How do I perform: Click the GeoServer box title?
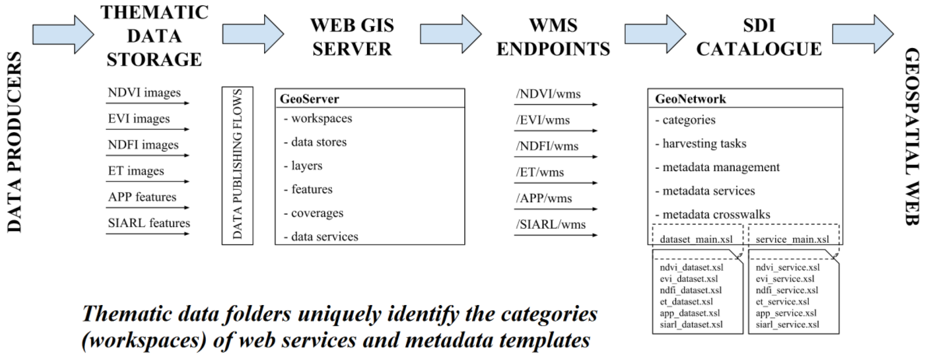click(x=309, y=99)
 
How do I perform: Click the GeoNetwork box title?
click(x=690, y=99)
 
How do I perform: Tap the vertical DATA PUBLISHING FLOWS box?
click(x=237, y=165)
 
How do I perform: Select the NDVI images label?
click(x=144, y=93)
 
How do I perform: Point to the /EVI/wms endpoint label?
click(x=543, y=120)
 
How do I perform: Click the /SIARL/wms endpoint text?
click(x=550, y=224)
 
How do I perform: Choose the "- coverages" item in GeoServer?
click(x=314, y=213)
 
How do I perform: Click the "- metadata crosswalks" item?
click(x=712, y=215)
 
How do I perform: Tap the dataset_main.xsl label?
click(x=696, y=239)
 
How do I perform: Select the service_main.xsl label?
click(x=792, y=239)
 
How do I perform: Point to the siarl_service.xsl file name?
click(x=787, y=324)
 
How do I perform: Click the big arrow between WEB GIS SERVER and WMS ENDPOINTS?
click(x=450, y=34)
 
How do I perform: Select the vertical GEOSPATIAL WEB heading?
click(x=911, y=136)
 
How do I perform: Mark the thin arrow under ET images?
click(x=147, y=182)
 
